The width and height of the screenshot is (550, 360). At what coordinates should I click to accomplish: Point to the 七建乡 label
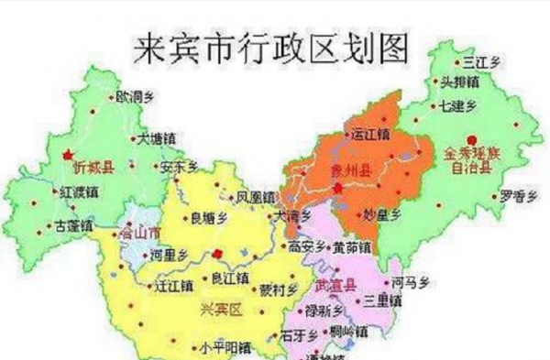(x=458, y=105)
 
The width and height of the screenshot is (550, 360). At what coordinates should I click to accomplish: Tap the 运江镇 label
(x=371, y=135)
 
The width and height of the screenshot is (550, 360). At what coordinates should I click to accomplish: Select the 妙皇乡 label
(x=383, y=214)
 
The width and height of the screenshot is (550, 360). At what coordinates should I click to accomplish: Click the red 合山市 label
(x=141, y=233)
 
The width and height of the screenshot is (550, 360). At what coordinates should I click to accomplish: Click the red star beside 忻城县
(x=67, y=154)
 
